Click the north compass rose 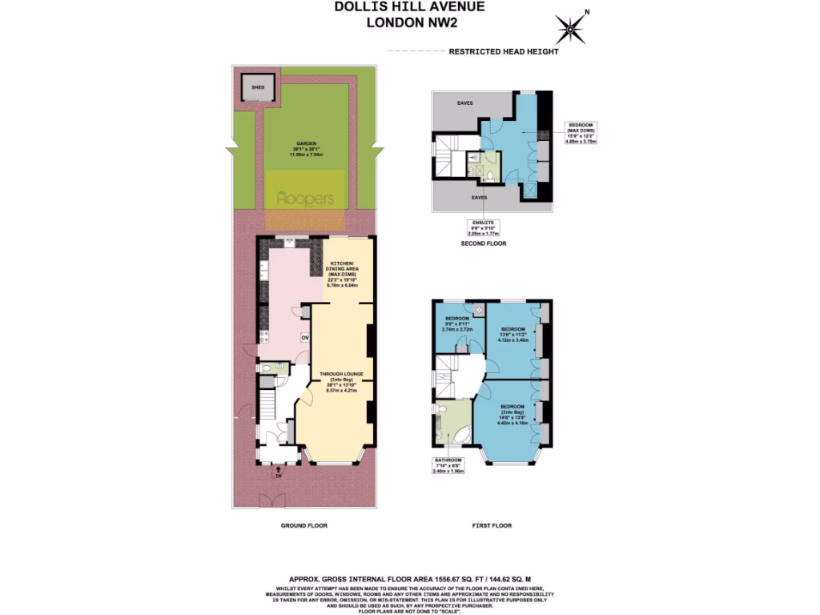[570, 30]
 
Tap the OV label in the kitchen [305, 337]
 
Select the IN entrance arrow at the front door [278, 474]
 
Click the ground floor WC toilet [266, 368]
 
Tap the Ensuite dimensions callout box [485, 228]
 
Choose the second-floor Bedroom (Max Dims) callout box [581, 132]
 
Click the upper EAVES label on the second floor [464, 103]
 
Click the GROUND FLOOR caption [303, 525]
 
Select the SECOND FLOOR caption [484, 243]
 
